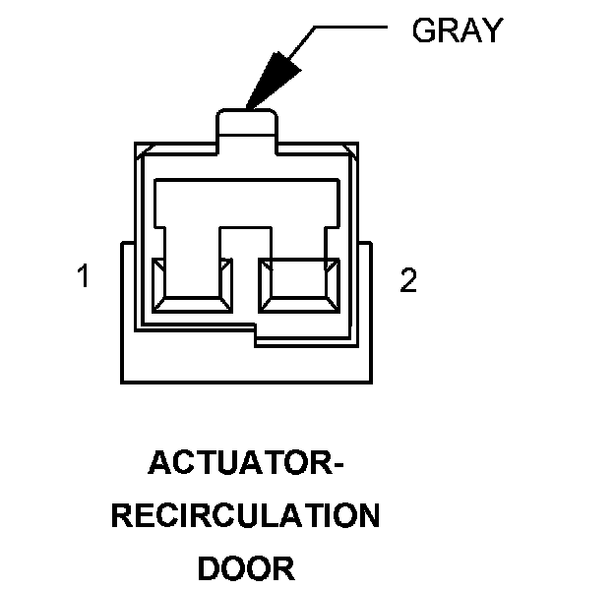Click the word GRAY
457,30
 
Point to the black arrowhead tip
249,104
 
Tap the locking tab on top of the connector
246,125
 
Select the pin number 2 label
408,281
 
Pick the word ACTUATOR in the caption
235,462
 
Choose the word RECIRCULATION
245,515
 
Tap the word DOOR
245,568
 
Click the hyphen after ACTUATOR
340,464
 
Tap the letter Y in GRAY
491,30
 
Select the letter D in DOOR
210,568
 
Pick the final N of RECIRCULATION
368,515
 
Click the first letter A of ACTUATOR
158,462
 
